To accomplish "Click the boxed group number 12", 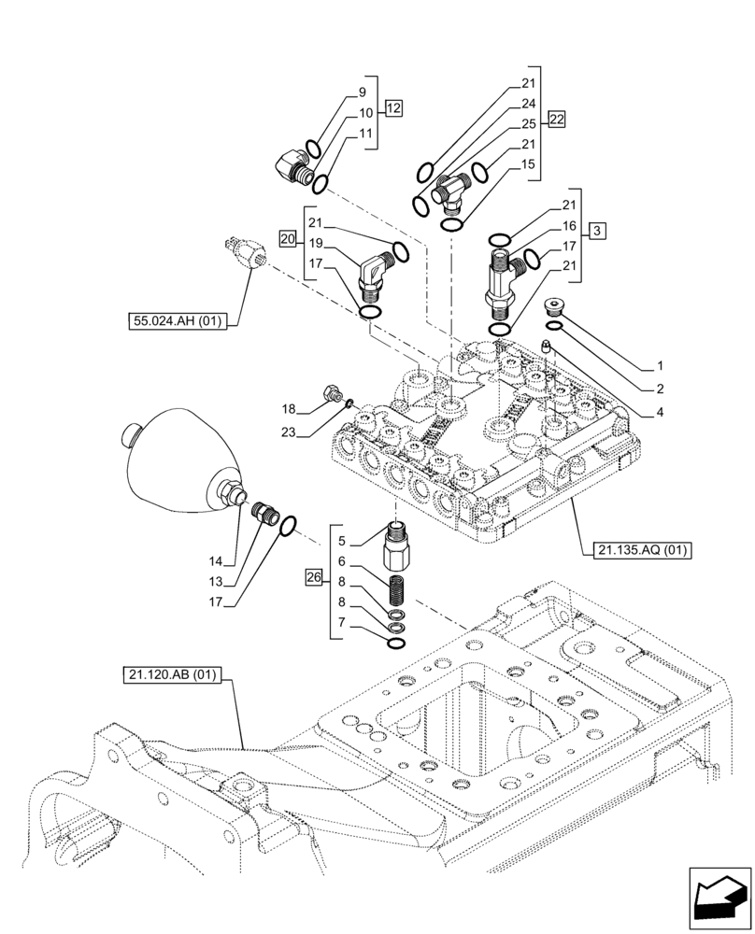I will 392,109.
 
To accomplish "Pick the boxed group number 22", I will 557,120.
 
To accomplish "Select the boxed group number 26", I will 313,579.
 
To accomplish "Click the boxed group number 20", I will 288,239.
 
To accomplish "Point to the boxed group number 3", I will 598,230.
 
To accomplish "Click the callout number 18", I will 289,409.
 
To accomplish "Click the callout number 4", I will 659,411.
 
